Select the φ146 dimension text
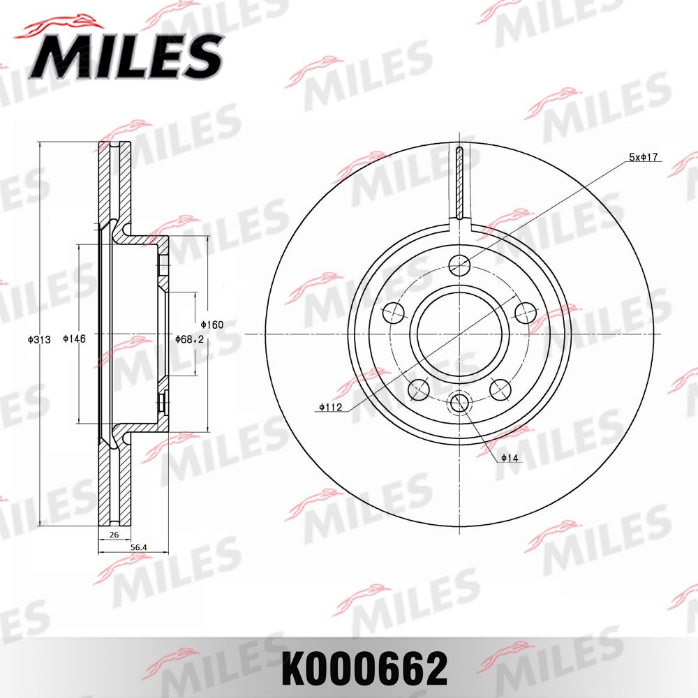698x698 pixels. [x=74, y=339]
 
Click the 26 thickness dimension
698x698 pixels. [x=114, y=535]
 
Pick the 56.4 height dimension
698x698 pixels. [x=140, y=548]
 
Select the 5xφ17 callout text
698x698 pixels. [x=644, y=158]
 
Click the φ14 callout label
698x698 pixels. [x=507, y=459]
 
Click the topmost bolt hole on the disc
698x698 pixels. [x=459, y=265]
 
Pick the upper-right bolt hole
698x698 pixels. [x=524, y=312]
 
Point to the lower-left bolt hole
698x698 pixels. [x=419, y=388]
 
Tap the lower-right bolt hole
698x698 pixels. [x=500, y=388]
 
